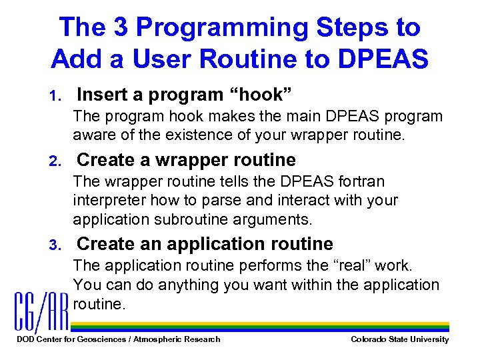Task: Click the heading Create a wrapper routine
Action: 187,160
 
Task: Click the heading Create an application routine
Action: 205,244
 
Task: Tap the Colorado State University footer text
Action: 400,339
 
